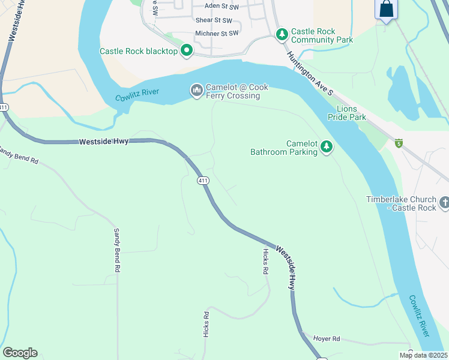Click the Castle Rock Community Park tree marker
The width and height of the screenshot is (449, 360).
(282, 35)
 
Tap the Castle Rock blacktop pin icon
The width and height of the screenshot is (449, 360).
(186, 51)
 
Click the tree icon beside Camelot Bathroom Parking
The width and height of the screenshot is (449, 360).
(327, 146)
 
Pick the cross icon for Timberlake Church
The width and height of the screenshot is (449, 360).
(444, 203)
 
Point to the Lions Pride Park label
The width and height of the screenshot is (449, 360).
(351, 113)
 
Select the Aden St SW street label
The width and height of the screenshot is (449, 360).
(222, 5)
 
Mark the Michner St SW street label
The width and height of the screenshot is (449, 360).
(217, 34)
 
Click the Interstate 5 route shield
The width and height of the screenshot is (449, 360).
(399, 142)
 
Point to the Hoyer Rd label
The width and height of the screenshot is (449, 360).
(327, 338)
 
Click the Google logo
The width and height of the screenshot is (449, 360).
(20, 353)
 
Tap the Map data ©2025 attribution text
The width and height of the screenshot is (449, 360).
(423, 355)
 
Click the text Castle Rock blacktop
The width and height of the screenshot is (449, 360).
(139, 52)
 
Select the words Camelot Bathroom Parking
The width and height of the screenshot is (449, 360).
(284, 148)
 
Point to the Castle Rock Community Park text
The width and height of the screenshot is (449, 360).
(322, 35)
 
